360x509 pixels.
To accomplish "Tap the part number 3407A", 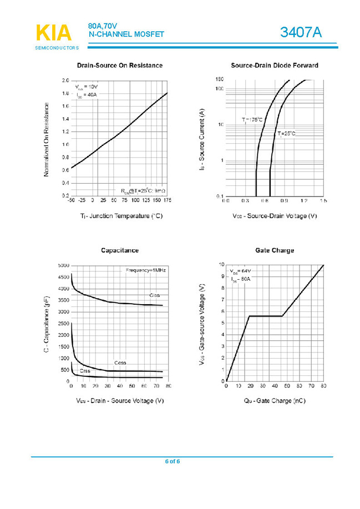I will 301,33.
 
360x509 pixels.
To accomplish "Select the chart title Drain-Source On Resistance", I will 120,65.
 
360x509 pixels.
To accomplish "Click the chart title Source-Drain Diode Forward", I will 275,65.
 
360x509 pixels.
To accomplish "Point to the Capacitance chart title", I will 120,250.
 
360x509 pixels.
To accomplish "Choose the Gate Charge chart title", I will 275,250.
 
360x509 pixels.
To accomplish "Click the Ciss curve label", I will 155,295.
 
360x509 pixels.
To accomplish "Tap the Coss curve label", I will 120,362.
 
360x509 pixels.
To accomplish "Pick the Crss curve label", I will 85,370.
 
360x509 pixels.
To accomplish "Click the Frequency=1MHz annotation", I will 146,270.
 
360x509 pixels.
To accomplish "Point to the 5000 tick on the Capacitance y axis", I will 64,265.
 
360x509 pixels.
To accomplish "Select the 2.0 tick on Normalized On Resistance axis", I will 65,80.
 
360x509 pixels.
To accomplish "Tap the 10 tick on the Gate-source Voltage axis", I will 221,265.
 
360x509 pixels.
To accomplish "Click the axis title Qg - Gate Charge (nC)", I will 275,400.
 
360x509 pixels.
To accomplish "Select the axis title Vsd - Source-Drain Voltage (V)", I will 275,215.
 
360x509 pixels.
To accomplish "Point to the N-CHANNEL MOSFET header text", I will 126,34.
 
